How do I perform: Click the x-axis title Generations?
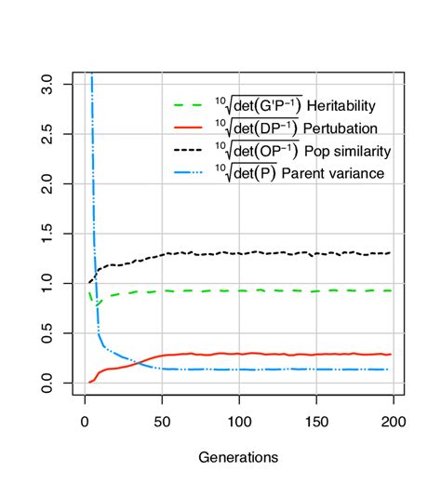[238, 457]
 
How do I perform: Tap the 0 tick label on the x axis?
[85, 422]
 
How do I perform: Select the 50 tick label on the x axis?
[162, 422]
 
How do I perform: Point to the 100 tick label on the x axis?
[239, 422]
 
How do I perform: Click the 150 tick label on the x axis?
[316, 422]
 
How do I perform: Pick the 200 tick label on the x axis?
[394, 422]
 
